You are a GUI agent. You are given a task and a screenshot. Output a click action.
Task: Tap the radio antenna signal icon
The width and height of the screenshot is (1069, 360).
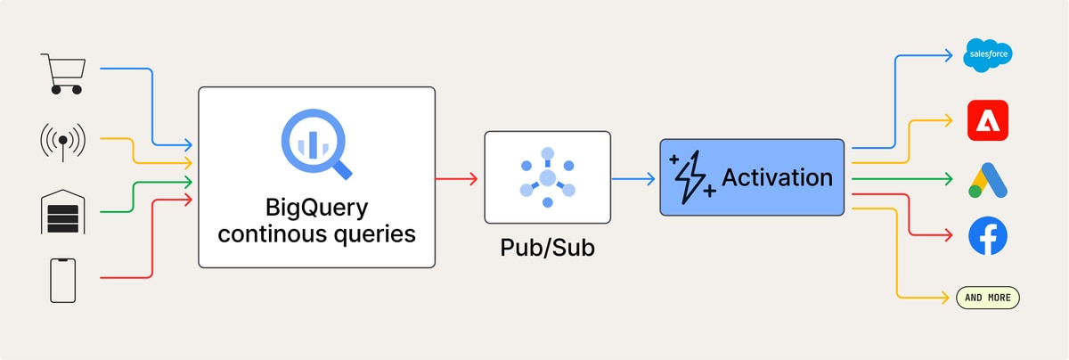(x=63, y=142)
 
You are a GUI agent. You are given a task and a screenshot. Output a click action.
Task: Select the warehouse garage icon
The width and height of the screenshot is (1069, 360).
(x=63, y=211)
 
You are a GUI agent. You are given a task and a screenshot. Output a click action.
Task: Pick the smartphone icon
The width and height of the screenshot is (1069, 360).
(x=63, y=281)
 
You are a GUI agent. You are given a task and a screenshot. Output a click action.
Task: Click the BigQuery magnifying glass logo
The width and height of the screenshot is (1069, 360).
(x=316, y=144)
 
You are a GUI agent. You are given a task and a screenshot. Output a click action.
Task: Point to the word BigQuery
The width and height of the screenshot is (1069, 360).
(x=316, y=209)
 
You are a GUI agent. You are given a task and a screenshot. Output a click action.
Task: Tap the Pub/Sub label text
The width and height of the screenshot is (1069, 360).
(x=547, y=248)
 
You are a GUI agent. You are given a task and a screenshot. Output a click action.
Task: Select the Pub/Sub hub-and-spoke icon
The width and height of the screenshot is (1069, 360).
(x=547, y=177)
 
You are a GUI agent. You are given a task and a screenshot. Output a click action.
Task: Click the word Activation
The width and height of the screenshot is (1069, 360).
(x=778, y=177)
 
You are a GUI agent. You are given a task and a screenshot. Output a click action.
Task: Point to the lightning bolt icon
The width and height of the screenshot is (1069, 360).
(x=691, y=177)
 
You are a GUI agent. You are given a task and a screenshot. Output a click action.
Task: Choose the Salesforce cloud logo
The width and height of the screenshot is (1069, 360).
(x=988, y=55)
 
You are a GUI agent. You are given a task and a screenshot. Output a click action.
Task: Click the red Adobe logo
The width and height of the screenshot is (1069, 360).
(x=988, y=120)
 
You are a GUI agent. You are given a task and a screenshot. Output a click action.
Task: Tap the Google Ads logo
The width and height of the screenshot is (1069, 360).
(x=988, y=181)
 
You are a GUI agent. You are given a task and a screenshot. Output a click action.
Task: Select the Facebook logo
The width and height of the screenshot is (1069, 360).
(x=988, y=236)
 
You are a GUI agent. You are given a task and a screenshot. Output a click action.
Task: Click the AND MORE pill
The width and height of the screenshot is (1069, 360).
(x=988, y=298)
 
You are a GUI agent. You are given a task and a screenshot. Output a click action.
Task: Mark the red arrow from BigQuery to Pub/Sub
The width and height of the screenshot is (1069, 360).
(x=456, y=179)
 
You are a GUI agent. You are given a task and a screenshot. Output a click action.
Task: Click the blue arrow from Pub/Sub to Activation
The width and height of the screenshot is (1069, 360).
(x=633, y=179)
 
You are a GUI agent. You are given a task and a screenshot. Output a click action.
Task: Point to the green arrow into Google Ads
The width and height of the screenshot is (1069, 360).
(x=902, y=179)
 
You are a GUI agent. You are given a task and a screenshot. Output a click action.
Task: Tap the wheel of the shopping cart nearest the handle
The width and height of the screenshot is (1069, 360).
(x=56, y=90)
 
